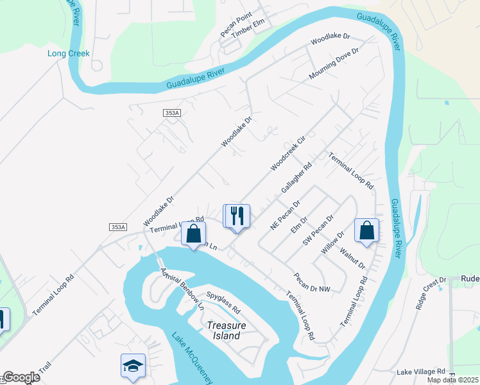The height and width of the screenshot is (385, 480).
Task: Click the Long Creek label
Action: click(x=68, y=53)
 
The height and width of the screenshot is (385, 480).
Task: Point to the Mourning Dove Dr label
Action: click(x=332, y=65)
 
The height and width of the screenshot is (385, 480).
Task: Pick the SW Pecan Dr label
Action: click(x=318, y=231)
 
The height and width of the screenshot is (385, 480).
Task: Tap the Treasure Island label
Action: click(x=226, y=330)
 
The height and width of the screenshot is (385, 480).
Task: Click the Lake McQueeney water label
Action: click(x=192, y=357)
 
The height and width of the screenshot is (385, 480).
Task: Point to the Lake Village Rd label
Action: click(x=421, y=372)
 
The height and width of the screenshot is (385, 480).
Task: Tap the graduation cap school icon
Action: click(x=133, y=366)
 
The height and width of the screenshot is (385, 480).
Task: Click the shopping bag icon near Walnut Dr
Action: click(x=366, y=231)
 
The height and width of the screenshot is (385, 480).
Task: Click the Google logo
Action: click(x=21, y=377)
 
